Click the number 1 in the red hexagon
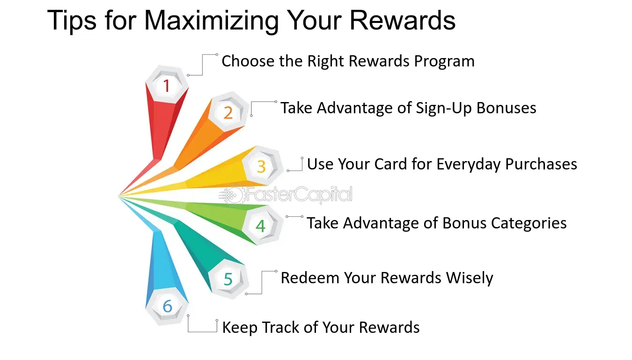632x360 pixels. tap(167, 86)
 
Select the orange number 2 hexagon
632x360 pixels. tap(228, 112)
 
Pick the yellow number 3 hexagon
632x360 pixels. tap(262, 166)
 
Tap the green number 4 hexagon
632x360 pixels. tap(261, 225)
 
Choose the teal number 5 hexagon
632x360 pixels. tap(228, 279)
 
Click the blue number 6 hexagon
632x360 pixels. tap(167, 306)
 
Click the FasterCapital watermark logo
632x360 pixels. tap(286, 194)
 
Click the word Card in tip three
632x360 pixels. tap(390, 164)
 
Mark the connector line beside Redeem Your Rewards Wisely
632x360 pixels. tap(262, 282)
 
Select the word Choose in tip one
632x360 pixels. tap(248, 61)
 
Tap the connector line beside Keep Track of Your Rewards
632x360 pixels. tap(202, 331)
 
